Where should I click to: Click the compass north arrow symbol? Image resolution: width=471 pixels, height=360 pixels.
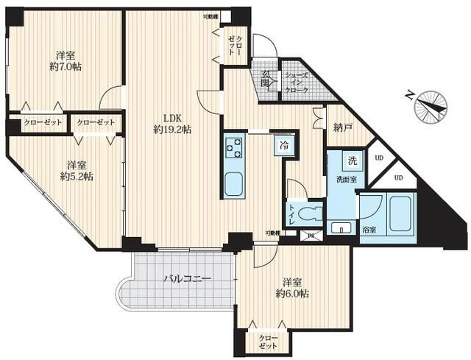point(431,105)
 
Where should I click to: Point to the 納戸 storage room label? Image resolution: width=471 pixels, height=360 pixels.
point(342,128)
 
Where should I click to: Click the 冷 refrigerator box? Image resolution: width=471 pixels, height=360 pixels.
point(283,146)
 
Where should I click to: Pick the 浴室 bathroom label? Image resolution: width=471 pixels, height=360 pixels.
point(368,230)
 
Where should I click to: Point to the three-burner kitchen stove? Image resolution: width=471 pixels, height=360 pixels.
point(235,147)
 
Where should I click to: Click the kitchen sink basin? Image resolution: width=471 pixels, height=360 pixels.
point(234,184)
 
